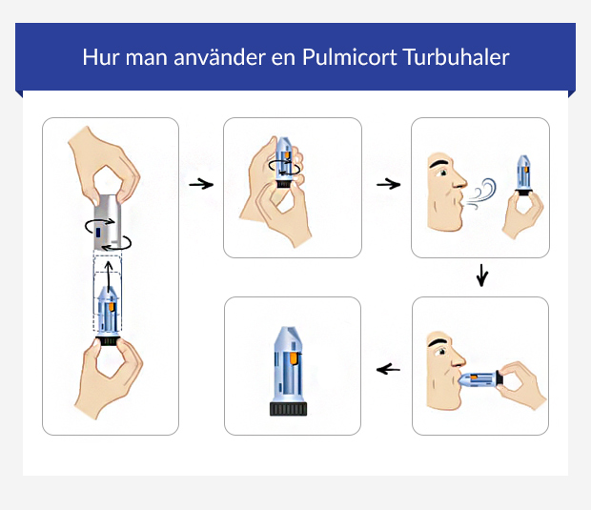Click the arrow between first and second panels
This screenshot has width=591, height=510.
tap(200, 183)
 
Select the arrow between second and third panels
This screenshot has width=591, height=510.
tap(387, 183)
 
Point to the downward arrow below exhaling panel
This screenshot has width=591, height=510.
tap(481, 276)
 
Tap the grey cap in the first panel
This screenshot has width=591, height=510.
tap(111, 219)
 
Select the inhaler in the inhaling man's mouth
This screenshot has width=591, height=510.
tap(479, 379)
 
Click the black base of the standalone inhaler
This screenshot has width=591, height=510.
tap(292, 409)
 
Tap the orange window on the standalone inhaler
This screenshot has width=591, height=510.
tap(294, 359)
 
